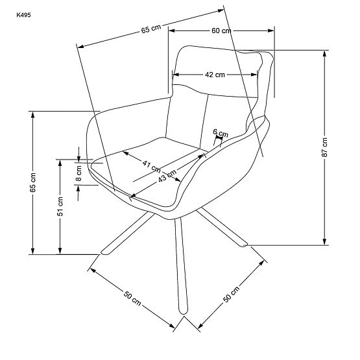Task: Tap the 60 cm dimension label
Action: (221, 30)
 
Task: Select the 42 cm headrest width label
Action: (215, 75)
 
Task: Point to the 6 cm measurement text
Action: (221, 134)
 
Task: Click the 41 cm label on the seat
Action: (152, 165)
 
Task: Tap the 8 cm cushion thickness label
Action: (78, 172)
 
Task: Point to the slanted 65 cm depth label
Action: (150, 29)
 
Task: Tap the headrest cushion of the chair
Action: (217, 68)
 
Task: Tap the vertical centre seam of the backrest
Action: (206, 117)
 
